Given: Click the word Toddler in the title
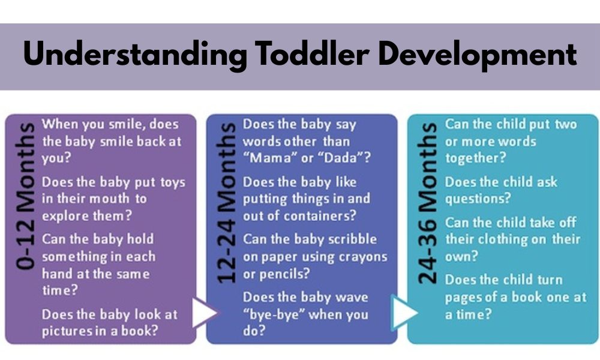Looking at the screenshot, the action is click(312, 53).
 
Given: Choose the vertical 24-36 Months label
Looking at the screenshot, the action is click(427, 203).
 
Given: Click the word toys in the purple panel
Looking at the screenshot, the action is click(173, 182).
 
